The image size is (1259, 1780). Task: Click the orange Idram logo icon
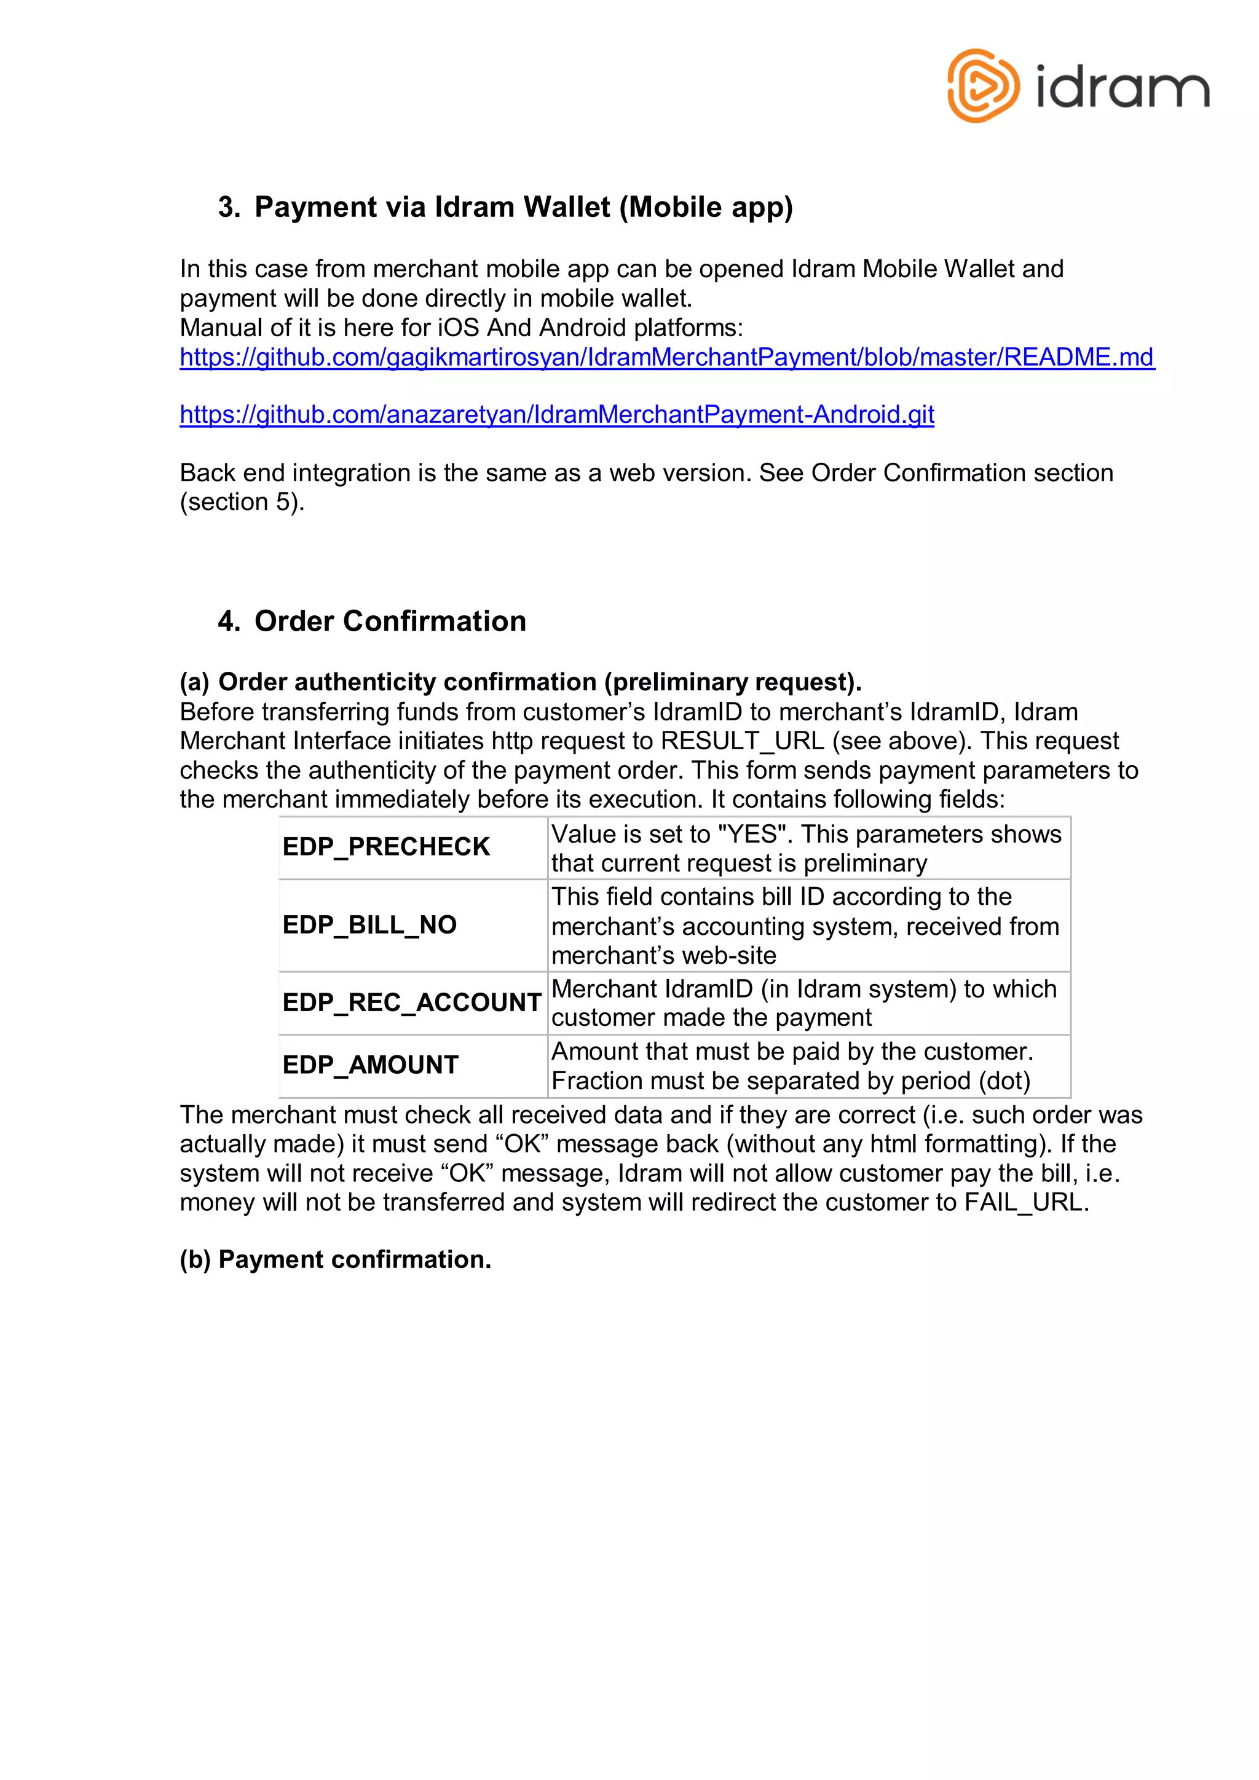click(982, 86)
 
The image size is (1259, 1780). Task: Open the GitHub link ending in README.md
click(667, 357)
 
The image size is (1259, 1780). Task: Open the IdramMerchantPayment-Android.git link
click(556, 415)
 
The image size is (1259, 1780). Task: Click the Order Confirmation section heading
click(390, 621)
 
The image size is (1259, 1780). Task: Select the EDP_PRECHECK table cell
click(386, 846)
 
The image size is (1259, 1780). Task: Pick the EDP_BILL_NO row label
click(370, 925)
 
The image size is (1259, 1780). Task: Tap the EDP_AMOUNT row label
click(371, 1065)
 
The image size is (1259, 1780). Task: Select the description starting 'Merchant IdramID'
click(803, 1003)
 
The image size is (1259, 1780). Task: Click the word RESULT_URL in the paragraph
click(742, 741)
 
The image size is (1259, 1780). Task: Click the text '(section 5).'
click(242, 502)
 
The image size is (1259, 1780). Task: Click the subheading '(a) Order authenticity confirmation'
click(520, 682)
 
